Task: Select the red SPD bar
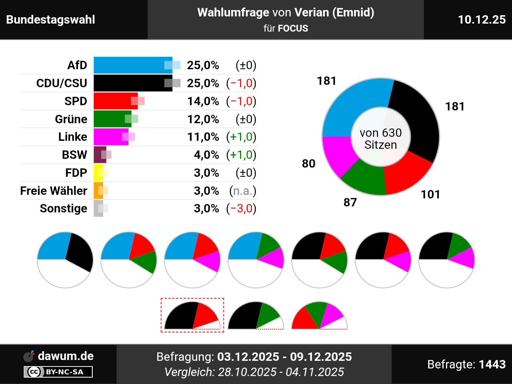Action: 114,101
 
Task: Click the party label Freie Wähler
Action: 54,191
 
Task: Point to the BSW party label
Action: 74,155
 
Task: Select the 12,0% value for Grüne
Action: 203,119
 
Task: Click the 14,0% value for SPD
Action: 203,101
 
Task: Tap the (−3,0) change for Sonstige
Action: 241,208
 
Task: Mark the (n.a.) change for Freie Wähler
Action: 242,191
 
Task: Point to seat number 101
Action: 430,194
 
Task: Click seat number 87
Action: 350,202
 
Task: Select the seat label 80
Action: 308,164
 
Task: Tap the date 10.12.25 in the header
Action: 482,20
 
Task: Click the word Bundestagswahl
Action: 51,20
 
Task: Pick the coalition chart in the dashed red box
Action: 192,315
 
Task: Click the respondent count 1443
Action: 492,364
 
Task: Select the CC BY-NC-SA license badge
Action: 58,372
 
